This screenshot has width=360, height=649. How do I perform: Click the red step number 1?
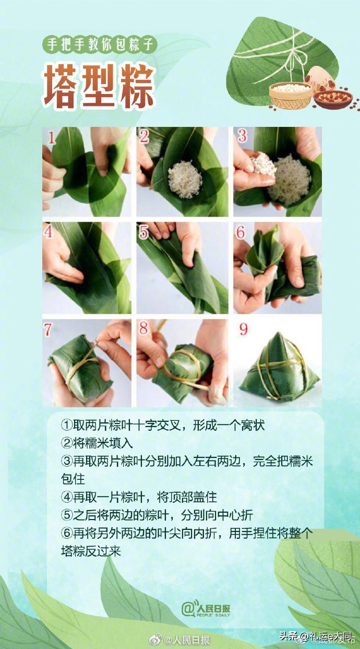click(52, 138)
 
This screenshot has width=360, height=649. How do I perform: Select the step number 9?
click(243, 329)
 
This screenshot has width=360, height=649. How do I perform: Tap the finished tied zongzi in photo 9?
click(279, 368)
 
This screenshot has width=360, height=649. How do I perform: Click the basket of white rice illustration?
click(290, 95)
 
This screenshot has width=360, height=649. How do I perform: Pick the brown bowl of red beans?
click(333, 98)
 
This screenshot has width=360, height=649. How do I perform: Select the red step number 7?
click(49, 330)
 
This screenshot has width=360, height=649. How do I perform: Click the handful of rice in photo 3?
click(262, 165)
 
